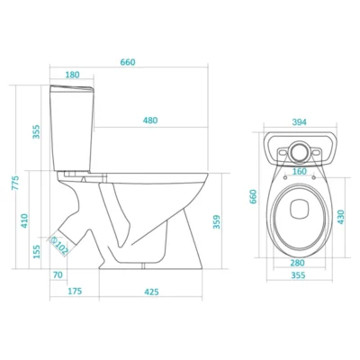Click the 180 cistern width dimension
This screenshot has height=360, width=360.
(72, 75)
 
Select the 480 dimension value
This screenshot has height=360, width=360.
(150, 121)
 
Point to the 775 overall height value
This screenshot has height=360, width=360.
(15, 183)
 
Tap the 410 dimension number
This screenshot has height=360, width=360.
(24, 220)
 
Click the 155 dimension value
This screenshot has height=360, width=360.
(36, 252)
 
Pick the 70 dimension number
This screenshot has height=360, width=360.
(58, 274)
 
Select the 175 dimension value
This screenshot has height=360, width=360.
(75, 291)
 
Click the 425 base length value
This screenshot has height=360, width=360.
(151, 292)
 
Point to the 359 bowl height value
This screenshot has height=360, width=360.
(217, 221)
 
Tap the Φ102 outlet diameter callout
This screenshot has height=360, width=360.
(59, 246)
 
